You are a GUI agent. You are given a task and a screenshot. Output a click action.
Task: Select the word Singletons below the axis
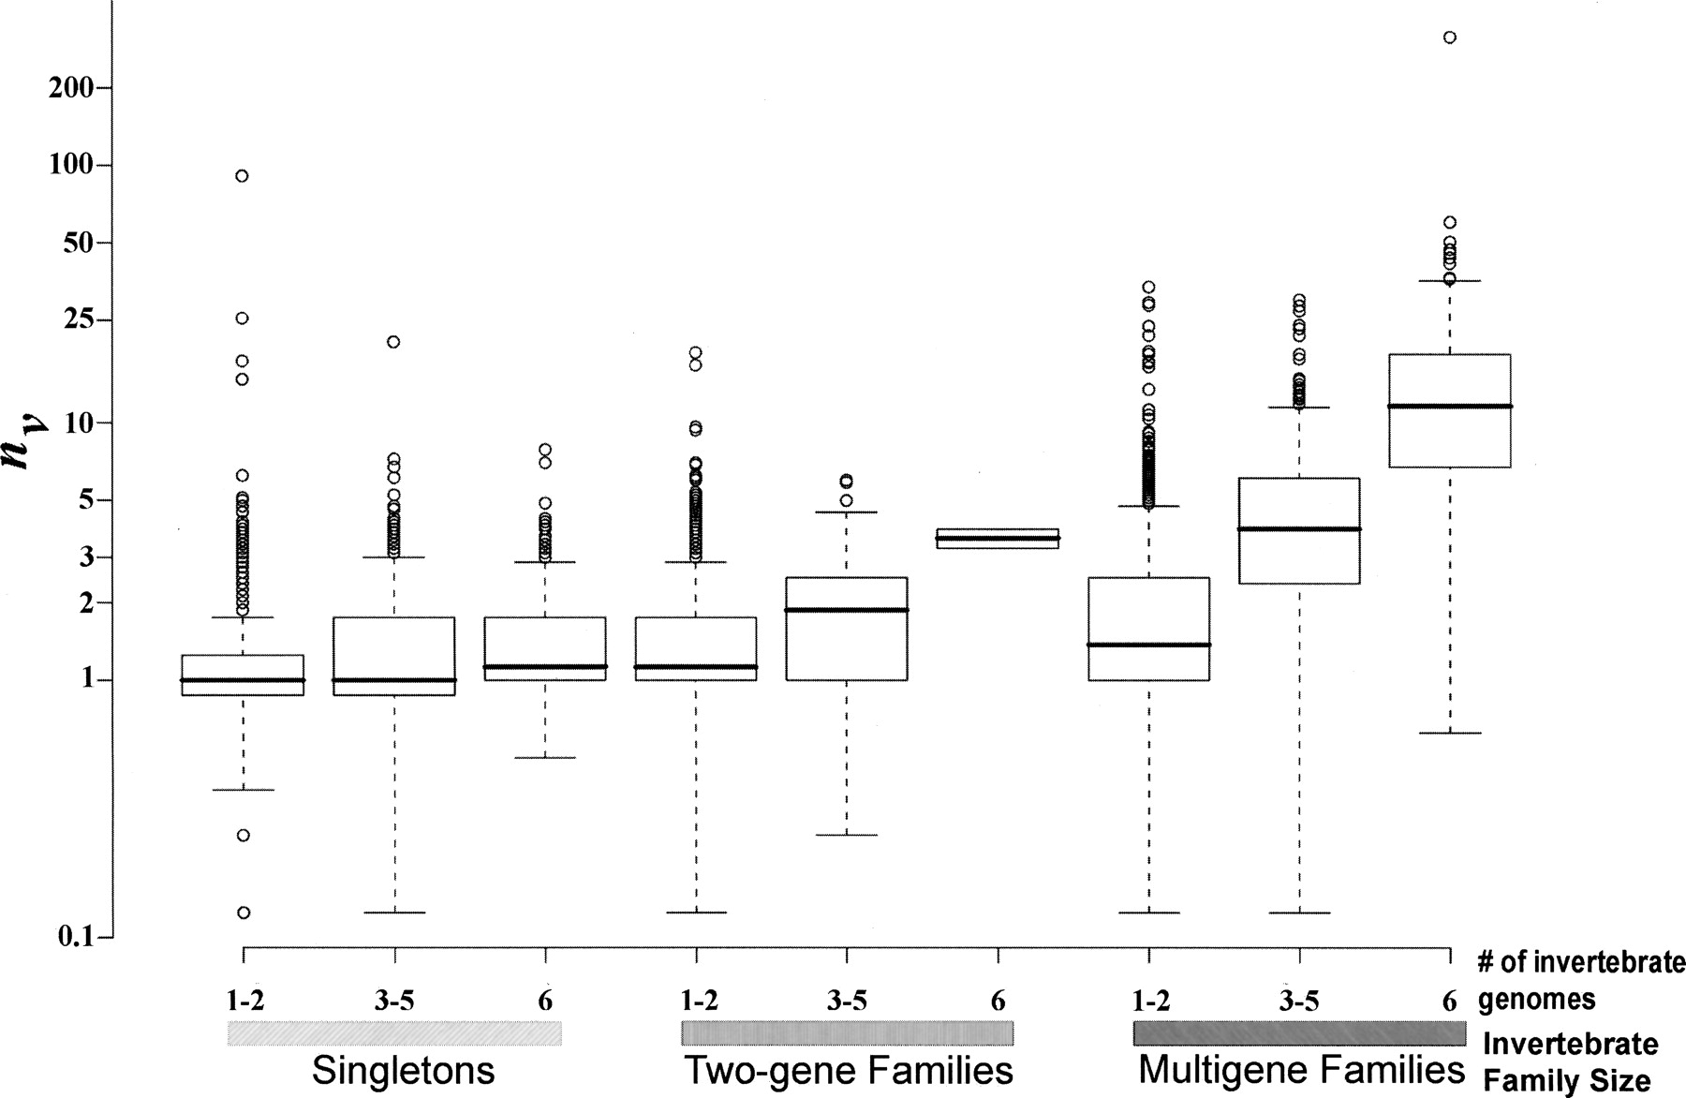click(x=403, y=1070)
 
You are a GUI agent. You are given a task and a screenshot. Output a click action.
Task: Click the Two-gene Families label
click(x=849, y=1070)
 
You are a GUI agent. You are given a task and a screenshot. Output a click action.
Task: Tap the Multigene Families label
click(x=1301, y=1070)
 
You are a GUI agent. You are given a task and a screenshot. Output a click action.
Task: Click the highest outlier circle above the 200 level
click(x=1449, y=37)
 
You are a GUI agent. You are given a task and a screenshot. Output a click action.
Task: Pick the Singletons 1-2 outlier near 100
click(x=242, y=176)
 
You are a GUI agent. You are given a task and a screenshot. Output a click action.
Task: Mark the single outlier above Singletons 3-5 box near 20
click(x=393, y=342)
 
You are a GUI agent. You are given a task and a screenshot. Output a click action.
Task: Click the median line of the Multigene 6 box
click(x=1450, y=406)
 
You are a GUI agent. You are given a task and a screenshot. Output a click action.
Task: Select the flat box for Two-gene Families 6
click(x=998, y=539)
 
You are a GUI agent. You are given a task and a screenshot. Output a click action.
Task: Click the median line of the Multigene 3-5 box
click(x=1298, y=529)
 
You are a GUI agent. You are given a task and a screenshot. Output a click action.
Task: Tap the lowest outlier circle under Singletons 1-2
click(x=244, y=913)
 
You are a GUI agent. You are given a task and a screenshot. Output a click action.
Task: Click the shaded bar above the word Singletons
click(x=394, y=1032)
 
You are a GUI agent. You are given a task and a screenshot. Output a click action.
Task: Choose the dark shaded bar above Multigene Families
click(x=1299, y=1032)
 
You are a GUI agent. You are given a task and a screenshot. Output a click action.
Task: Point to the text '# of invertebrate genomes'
click(x=1580, y=981)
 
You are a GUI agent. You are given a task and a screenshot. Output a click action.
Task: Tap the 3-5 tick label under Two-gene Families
click(x=847, y=1002)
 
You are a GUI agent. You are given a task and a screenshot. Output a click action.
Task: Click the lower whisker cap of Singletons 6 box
click(x=545, y=757)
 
